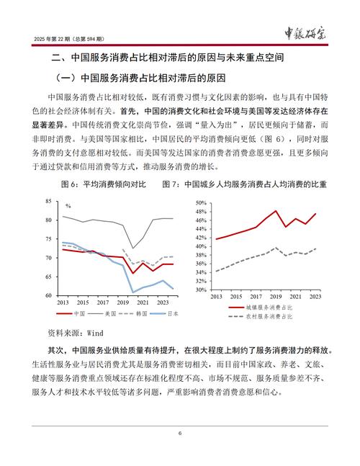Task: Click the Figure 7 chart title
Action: pos(254,185)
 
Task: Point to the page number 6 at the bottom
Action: pos(180,434)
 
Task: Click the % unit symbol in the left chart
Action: pos(68,207)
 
